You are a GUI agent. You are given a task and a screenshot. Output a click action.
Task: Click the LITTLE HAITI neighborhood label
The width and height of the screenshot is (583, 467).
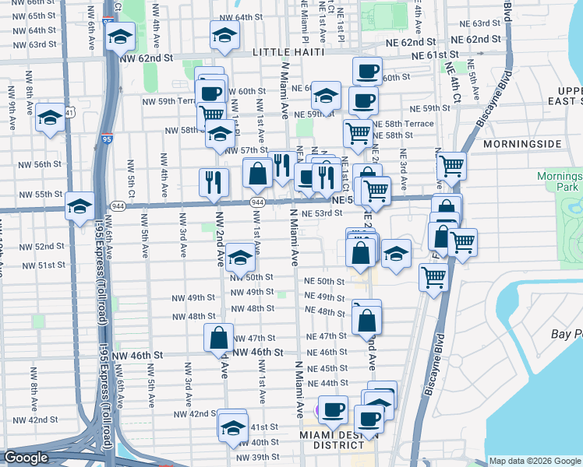(287, 51)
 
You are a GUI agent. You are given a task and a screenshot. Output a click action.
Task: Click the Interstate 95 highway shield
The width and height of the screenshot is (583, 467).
(106, 139)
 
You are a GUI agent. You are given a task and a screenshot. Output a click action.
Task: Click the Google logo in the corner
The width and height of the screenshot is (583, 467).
(26, 458)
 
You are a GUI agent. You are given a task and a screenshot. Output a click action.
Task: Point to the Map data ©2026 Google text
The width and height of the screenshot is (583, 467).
(535, 461)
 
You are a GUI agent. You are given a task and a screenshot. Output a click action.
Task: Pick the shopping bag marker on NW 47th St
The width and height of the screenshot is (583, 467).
(219, 338)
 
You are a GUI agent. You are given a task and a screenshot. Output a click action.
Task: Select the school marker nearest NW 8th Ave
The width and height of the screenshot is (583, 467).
(51, 118)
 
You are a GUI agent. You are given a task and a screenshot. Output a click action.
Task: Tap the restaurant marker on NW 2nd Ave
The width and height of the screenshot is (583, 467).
(214, 183)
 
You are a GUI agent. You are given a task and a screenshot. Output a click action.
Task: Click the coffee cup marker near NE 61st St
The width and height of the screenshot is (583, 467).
(368, 72)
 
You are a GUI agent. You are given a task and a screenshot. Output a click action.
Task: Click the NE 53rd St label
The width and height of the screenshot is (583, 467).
(321, 213)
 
